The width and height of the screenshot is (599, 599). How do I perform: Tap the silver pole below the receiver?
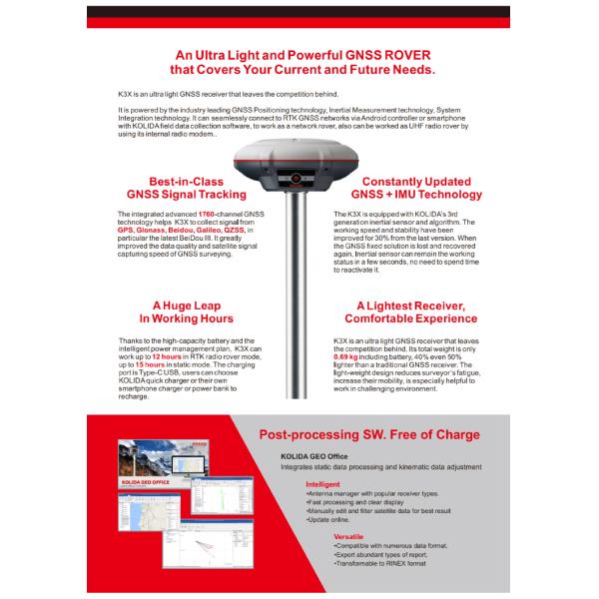click(299, 299)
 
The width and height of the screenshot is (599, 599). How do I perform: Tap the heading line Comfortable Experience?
click(410, 318)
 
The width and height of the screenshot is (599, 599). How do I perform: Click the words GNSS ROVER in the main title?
click(388, 56)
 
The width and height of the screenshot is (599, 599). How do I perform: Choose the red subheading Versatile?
click(348, 536)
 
